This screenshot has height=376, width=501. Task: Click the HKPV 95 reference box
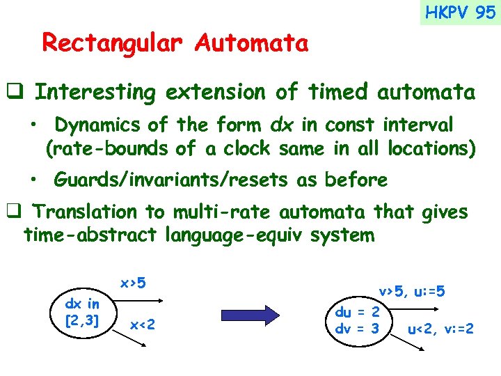[460, 13]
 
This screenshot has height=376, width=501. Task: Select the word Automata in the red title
[251, 43]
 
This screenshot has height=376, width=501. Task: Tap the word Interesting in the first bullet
[97, 92]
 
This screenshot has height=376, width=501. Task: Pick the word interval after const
[417, 125]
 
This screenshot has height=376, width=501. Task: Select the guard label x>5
[133, 283]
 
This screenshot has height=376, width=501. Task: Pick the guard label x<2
[143, 324]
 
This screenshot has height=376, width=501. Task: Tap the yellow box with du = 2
[358, 320]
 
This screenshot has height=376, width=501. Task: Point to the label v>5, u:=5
[411, 292]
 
